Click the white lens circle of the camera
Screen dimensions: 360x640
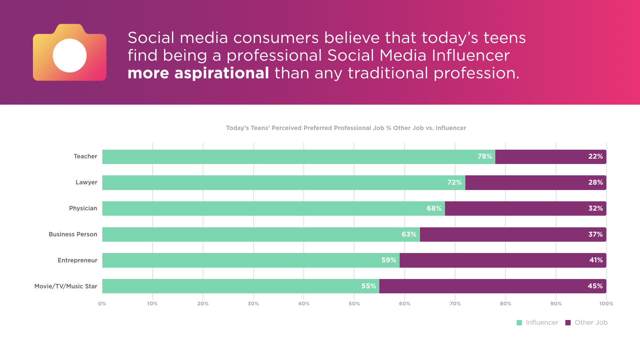(x=70, y=55)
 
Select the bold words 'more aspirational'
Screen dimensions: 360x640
(x=198, y=73)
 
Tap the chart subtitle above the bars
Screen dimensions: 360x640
(x=346, y=128)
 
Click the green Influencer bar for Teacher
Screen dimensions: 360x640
(x=287, y=157)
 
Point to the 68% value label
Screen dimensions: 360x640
(x=434, y=208)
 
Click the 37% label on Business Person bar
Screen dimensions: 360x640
(x=595, y=234)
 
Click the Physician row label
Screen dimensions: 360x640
(x=83, y=208)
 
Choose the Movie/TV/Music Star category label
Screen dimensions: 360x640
(x=66, y=286)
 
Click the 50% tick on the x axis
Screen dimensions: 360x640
(x=354, y=304)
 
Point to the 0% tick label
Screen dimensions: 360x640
(x=102, y=304)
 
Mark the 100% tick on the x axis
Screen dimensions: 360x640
(x=606, y=304)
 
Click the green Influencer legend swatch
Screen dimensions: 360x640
(x=519, y=323)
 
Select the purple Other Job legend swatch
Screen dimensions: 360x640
(x=568, y=323)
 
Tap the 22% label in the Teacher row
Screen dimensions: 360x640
(x=595, y=156)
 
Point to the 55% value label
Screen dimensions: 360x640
(x=368, y=286)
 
